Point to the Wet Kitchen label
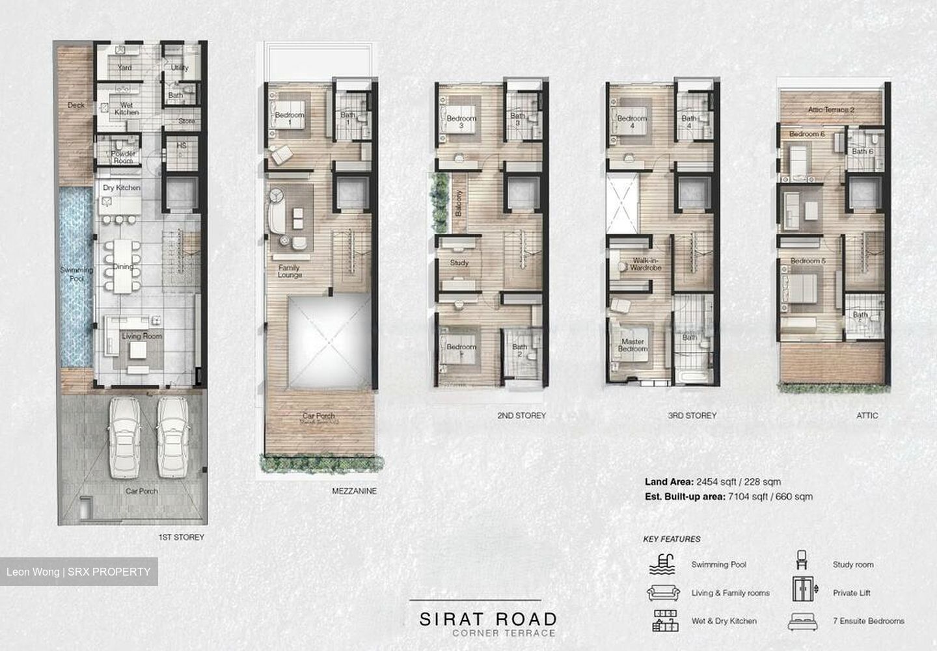[126, 109]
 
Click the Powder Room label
[123, 157]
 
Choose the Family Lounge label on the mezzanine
[290, 271]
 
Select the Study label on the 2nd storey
[459, 263]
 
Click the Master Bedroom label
[633, 345]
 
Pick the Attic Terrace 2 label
[831, 110]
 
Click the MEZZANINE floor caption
[354, 492]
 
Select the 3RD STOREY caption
[692, 415]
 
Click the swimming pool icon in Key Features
[662, 564]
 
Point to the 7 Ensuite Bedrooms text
[868, 621]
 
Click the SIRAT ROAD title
[487, 618]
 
